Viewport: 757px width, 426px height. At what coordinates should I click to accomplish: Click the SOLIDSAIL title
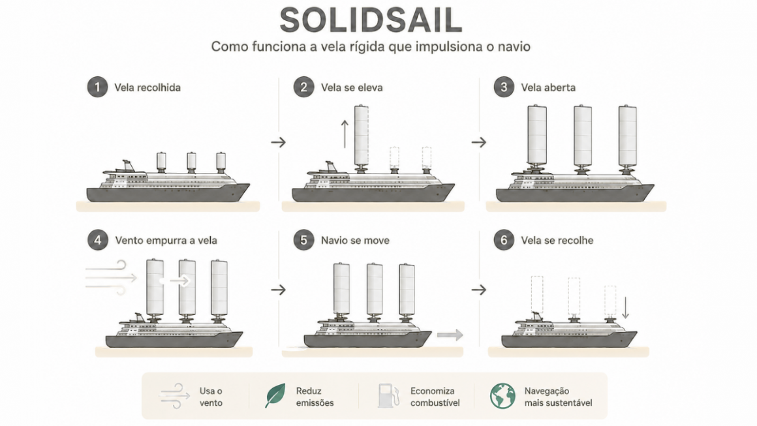[x=371, y=20]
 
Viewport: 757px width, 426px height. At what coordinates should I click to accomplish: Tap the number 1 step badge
[x=97, y=87]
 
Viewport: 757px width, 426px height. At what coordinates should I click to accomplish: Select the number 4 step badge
[x=97, y=240]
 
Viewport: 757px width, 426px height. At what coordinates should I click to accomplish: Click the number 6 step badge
[x=504, y=240]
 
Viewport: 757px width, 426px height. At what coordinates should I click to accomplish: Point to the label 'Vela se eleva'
[x=352, y=88]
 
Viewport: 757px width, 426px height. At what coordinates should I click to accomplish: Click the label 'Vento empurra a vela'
[x=166, y=240]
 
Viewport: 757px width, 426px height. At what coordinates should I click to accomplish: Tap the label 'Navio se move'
[x=355, y=240]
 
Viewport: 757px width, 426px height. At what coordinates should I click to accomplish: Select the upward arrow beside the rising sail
[x=345, y=134]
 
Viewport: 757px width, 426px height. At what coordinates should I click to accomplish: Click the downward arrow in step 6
[x=626, y=307]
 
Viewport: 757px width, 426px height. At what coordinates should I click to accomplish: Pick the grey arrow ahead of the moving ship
[x=450, y=334]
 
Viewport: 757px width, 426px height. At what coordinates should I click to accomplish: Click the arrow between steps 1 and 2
[x=279, y=142]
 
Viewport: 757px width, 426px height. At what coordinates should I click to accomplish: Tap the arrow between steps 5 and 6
[x=479, y=290]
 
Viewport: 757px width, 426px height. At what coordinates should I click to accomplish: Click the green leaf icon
[x=275, y=395]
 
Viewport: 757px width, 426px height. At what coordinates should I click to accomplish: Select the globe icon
[x=502, y=396]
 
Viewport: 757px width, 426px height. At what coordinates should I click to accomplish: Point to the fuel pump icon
[x=389, y=395]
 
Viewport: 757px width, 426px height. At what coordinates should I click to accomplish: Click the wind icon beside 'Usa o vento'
[x=175, y=396]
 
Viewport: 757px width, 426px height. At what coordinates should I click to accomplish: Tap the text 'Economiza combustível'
[x=435, y=397]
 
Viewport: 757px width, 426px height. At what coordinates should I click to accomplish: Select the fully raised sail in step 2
[x=361, y=136]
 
